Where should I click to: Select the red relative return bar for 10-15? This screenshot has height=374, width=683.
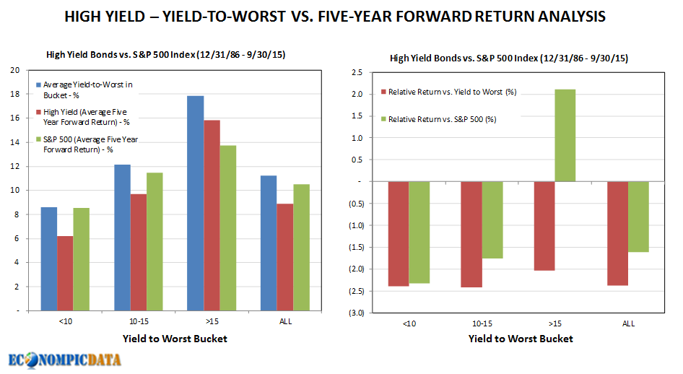(x=471, y=234)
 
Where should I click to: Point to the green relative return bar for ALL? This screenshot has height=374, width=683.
(x=638, y=216)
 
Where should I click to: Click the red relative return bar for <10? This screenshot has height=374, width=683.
(x=399, y=233)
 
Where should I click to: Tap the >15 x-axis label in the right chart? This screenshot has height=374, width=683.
(x=554, y=324)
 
